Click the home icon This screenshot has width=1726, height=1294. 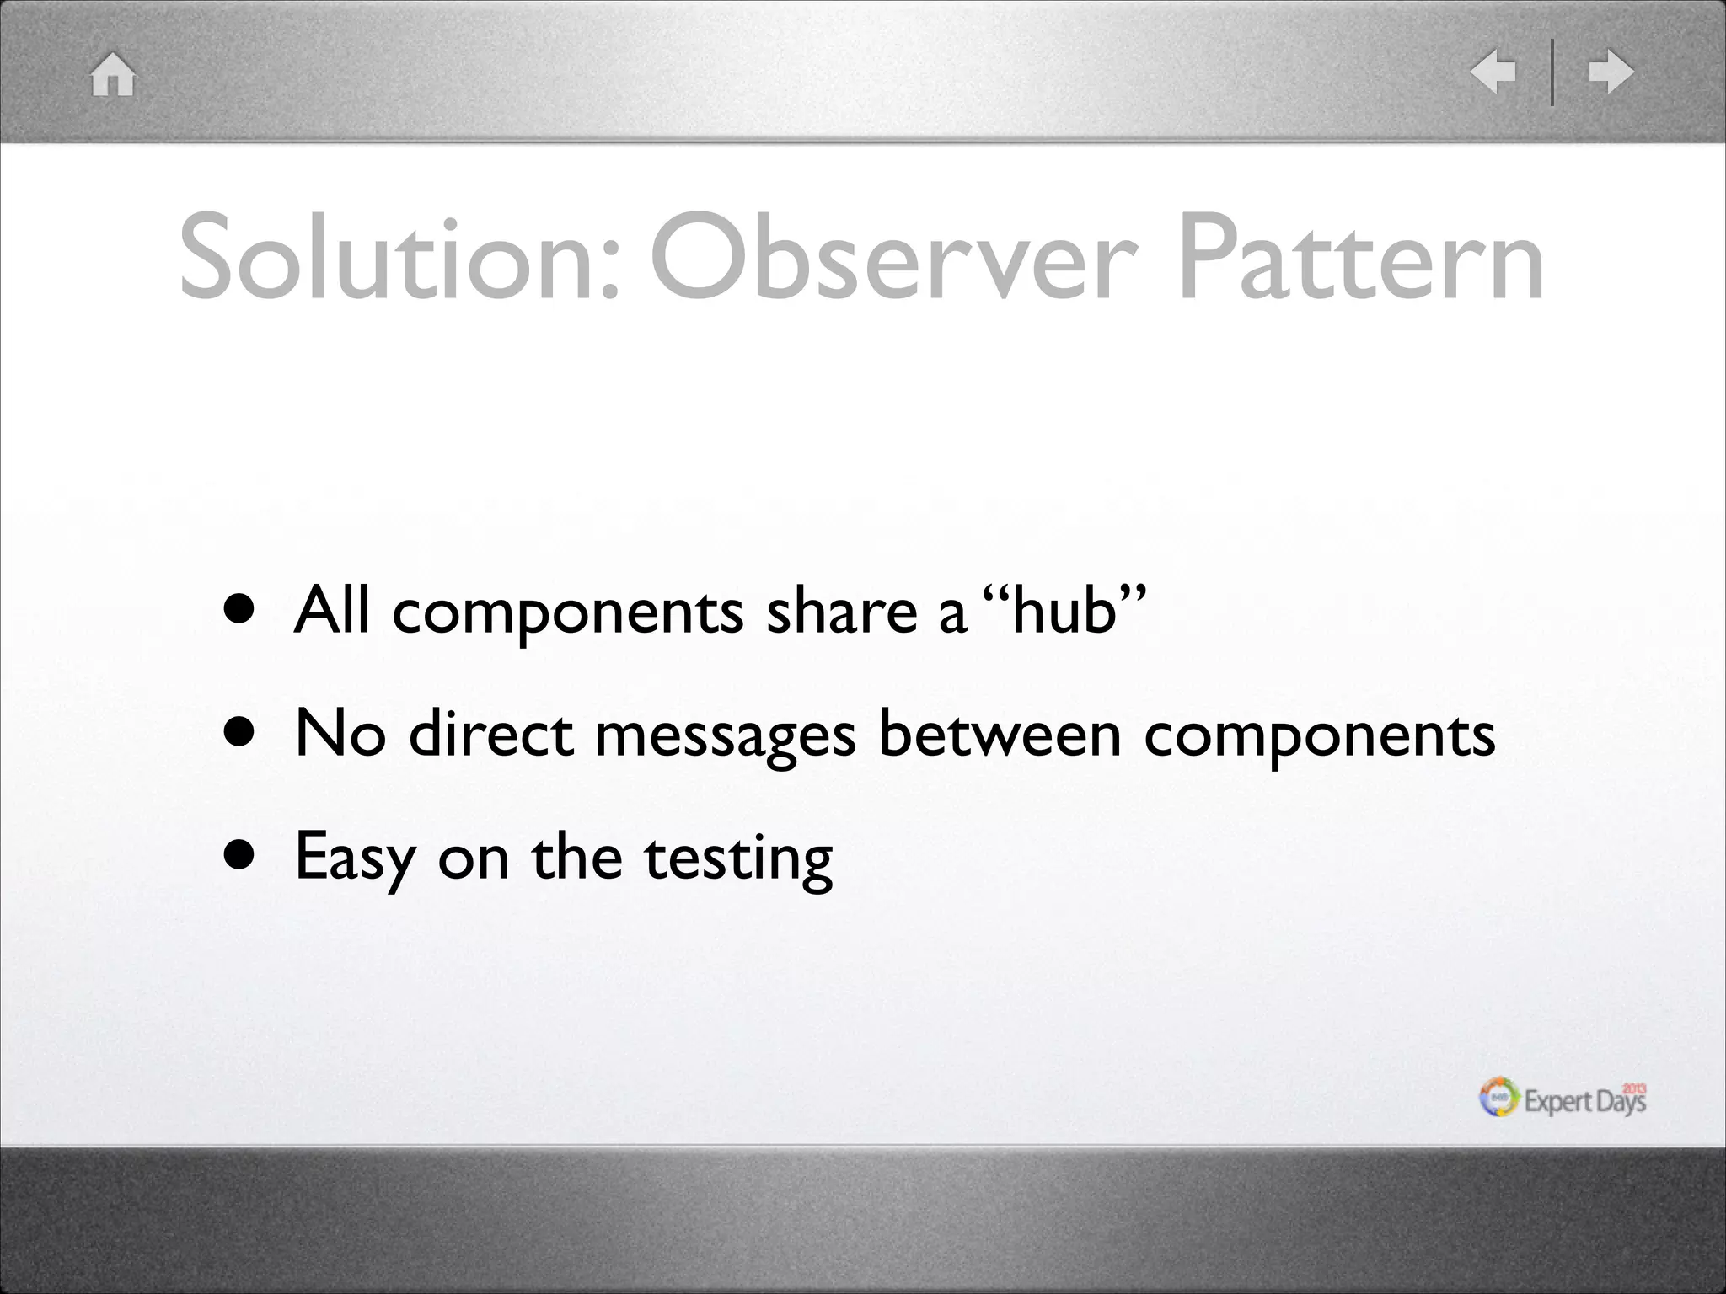coord(113,74)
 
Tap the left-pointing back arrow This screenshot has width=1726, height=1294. coord(1493,72)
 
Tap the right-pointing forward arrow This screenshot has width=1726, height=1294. coord(1611,72)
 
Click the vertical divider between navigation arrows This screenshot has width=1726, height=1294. coord(1552,72)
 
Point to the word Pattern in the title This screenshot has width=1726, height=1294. coord(1361,258)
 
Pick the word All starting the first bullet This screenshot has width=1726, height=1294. coord(331,608)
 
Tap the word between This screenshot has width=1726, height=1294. coord(1000,733)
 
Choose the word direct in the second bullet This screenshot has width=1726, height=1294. coord(491,733)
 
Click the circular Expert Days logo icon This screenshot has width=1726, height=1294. coord(1499,1099)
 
